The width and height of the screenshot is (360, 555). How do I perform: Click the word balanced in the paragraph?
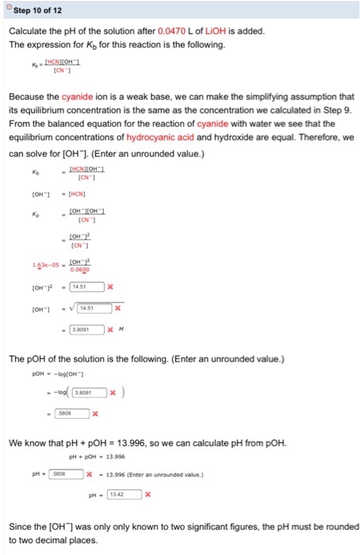tap(67, 123)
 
